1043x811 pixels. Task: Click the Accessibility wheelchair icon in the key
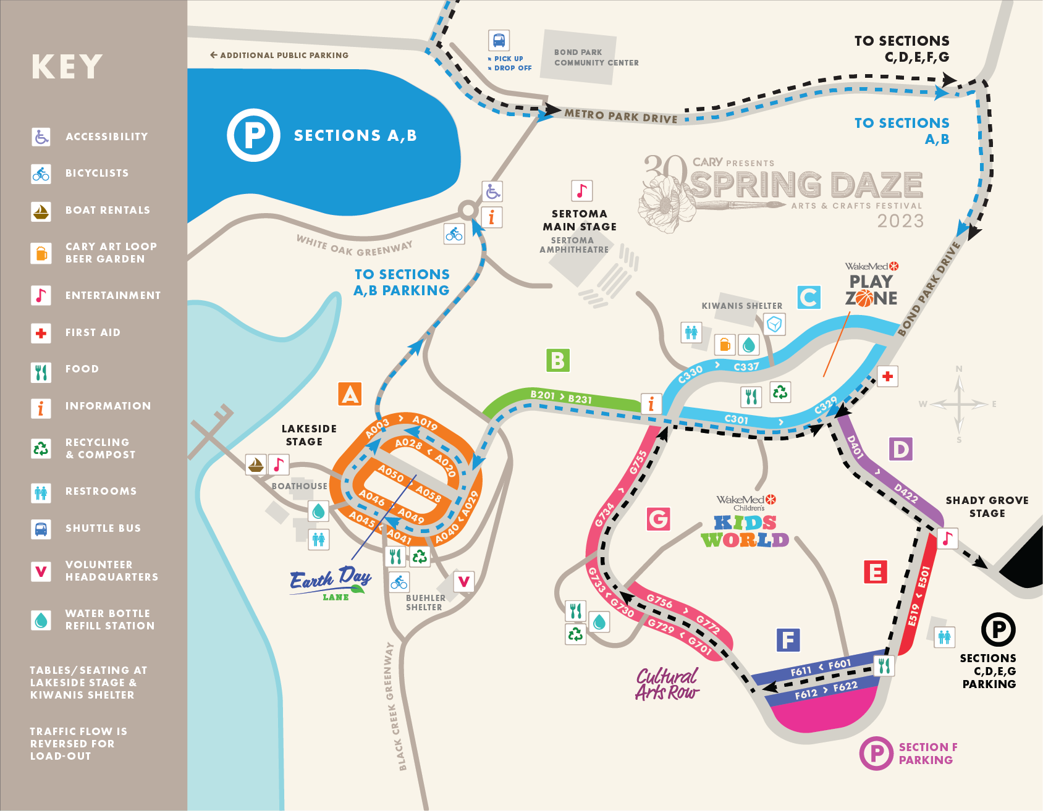pyautogui.click(x=41, y=137)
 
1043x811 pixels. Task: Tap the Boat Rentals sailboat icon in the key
pyautogui.click(x=41, y=211)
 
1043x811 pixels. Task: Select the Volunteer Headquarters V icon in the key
pyautogui.click(x=41, y=571)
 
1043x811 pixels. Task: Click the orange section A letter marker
pyautogui.click(x=350, y=394)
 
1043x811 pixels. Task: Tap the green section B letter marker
pyautogui.click(x=557, y=360)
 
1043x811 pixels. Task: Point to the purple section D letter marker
pyautogui.click(x=901, y=449)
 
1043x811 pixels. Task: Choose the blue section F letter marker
pyautogui.click(x=788, y=640)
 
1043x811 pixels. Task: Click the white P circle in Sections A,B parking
pyautogui.click(x=254, y=135)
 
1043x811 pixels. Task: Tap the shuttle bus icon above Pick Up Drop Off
pyautogui.click(x=499, y=41)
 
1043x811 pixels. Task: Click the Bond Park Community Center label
pyautogui.click(x=596, y=57)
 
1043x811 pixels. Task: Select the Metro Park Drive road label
pyautogui.click(x=620, y=116)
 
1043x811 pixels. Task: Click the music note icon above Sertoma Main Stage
pyautogui.click(x=581, y=191)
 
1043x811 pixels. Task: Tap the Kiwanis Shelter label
pyautogui.click(x=741, y=306)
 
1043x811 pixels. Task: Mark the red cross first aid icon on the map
pyautogui.click(x=887, y=376)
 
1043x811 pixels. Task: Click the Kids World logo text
pyautogui.click(x=745, y=531)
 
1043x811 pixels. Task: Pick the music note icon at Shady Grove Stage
pyautogui.click(x=948, y=538)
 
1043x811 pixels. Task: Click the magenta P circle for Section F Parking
pyautogui.click(x=876, y=753)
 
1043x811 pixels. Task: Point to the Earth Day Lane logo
pyautogui.click(x=331, y=583)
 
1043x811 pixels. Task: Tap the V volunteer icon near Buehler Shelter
pyautogui.click(x=464, y=581)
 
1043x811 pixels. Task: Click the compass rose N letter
pyautogui.click(x=959, y=369)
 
